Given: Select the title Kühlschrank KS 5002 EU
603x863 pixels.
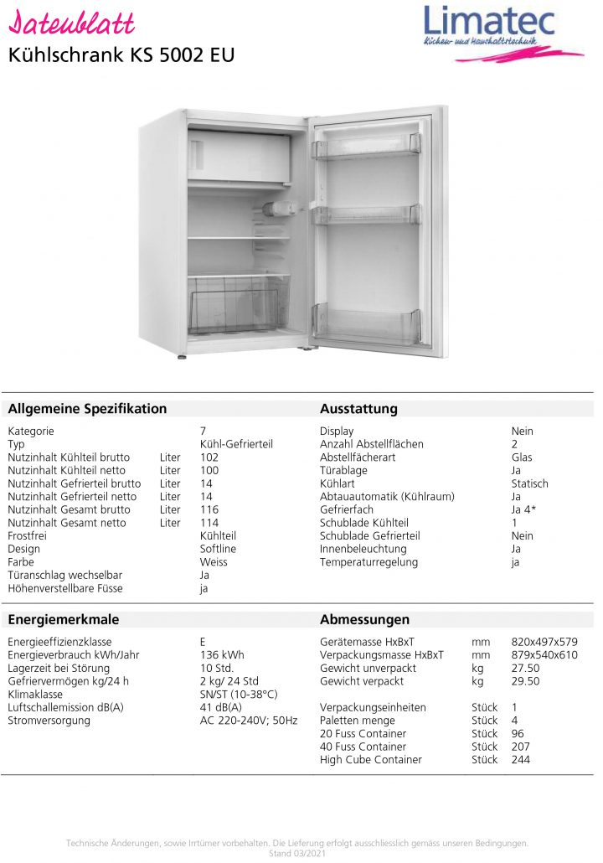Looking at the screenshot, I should click(121, 55).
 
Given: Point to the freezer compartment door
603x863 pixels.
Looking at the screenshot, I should click(240, 157).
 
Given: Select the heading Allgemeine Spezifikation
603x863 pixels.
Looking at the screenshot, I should click(87, 409).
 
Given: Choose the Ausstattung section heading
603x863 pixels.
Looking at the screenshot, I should click(358, 409).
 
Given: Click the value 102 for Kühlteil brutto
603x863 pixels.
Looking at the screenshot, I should click(209, 457).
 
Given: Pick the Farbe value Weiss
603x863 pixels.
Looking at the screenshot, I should click(214, 562).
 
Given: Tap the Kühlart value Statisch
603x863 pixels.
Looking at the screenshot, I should click(529, 483).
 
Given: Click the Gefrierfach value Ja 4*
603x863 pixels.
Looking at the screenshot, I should click(524, 509).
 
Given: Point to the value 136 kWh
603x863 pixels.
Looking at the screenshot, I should click(222, 655).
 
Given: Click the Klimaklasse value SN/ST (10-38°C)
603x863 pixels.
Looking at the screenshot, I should click(239, 695).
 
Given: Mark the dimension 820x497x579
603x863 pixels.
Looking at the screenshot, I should click(544, 642).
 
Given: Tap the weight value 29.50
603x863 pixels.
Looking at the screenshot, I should click(525, 681).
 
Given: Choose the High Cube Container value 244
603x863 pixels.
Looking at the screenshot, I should click(521, 760).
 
